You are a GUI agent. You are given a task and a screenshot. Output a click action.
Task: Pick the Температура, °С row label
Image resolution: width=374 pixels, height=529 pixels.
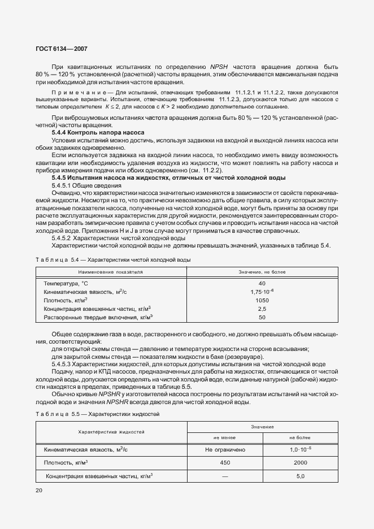(66, 283)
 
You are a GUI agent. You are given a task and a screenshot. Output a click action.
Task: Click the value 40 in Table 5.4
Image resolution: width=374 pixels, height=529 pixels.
(262, 283)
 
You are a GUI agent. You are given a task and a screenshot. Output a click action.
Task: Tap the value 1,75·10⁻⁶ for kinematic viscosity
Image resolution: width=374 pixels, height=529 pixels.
(262, 292)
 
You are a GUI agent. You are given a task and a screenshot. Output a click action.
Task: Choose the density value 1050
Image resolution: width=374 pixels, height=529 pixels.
(262, 301)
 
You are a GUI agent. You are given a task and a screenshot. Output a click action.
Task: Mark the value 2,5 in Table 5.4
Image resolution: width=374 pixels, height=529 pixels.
(262, 309)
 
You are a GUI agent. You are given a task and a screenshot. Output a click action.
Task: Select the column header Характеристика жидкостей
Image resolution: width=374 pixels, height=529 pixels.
(111, 432)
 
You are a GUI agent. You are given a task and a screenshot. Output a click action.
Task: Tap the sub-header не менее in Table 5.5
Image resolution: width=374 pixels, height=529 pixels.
(225, 437)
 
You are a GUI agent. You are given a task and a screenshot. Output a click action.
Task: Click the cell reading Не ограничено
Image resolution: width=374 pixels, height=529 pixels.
(225, 449)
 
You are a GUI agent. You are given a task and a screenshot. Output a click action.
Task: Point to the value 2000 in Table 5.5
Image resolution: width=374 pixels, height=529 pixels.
(300, 462)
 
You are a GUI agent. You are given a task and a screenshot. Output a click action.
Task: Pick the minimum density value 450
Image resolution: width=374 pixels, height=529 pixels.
(225, 462)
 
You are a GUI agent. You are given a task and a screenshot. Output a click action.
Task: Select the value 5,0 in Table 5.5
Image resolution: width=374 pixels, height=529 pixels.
(300, 476)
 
